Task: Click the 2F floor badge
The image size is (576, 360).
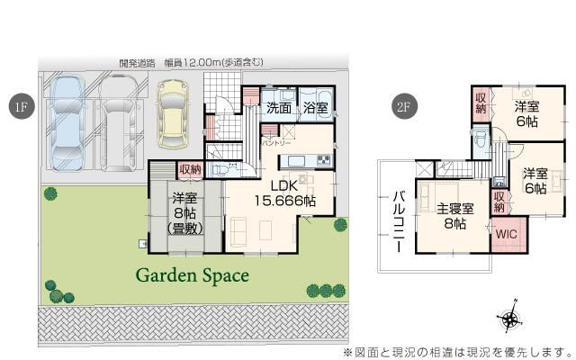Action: point(403,105)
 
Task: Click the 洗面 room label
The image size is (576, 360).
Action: point(278,108)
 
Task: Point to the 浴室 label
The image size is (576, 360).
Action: point(315,108)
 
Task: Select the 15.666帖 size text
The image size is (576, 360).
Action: point(284,201)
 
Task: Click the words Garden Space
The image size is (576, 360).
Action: point(192,275)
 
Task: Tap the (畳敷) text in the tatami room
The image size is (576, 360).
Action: point(184,229)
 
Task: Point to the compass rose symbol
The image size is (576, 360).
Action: point(509,318)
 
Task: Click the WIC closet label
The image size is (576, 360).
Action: point(505,232)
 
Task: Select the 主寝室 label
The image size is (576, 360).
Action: point(453,210)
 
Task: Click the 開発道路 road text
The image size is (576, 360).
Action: point(137,63)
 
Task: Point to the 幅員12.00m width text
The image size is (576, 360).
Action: point(201,63)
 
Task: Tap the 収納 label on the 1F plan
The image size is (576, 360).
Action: point(190,169)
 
